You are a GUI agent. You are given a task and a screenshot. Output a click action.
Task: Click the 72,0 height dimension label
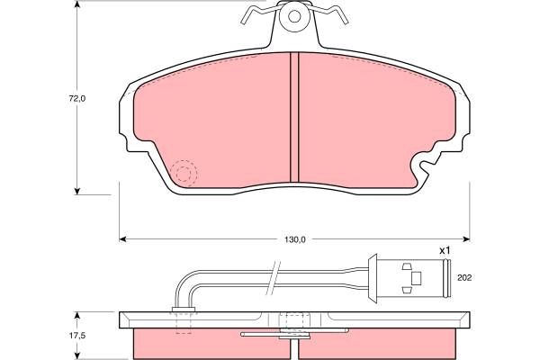click(77, 98)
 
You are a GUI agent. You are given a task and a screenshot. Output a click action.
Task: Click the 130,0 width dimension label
click(295, 239)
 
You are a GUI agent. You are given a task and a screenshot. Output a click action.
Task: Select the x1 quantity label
click(445, 251)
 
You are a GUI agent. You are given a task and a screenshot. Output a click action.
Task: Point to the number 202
click(464, 278)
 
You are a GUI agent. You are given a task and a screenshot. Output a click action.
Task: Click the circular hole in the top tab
click(294, 16)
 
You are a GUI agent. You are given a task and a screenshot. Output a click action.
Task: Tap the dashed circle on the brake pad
click(184, 173)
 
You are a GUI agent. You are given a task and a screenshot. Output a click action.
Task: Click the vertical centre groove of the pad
click(294, 117)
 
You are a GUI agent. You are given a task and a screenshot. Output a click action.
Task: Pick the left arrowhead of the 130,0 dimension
click(121, 239)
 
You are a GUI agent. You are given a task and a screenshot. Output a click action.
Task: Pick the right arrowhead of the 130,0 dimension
click(467, 239)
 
